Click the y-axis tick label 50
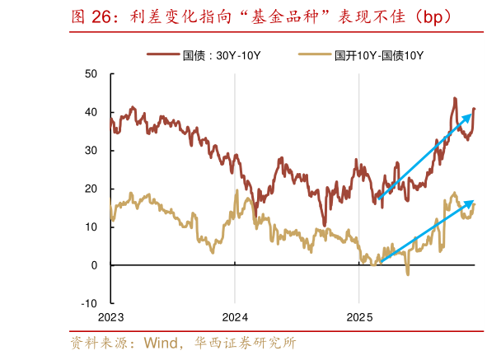pyautogui.click(x=91, y=74)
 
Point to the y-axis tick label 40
pyautogui.click(x=91, y=112)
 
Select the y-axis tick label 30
pyautogui.click(x=91, y=151)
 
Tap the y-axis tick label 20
pyautogui.click(x=91, y=189)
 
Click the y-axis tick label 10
pyautogui.click(x=91, y=227)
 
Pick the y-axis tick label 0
pyautogui.click(x=95, y=265)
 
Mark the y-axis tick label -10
pyautogui.click(x=89, y=303)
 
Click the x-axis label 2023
pyautogui.click(x=110, y=317)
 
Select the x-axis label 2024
pyautogui.click(x=235, y=317)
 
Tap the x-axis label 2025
pyautogui.click(x=359, y=317)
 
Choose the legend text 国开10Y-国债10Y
pyautogui.click(x=379, y=55)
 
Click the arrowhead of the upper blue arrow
pyautogui.click(x=472, y=110)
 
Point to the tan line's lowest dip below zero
pyautogui.click(x=407, y=274)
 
